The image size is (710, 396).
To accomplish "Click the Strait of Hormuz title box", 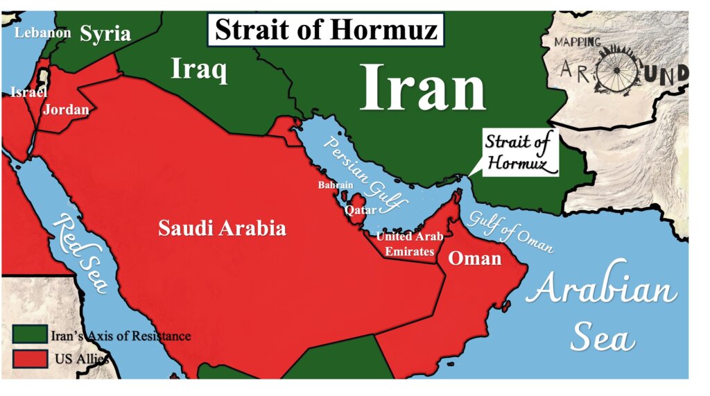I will pos(325,29).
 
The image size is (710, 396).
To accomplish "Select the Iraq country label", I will pos(199,70).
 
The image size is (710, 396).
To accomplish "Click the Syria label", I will pos(105,33).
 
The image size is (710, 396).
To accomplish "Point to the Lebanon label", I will pos(43,32).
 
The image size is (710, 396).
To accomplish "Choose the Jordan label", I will pos(66,109).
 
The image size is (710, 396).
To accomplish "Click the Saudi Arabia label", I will pos(222,227).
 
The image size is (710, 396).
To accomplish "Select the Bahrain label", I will pos(336,184).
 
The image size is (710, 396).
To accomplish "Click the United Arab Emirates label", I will pos(410,244).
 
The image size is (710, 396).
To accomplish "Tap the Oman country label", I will pos(475,258).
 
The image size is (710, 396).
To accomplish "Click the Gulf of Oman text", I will pos(511,230).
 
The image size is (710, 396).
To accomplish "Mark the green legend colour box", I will pos(30,336).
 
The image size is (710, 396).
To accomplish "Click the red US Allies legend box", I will pos(30,359).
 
